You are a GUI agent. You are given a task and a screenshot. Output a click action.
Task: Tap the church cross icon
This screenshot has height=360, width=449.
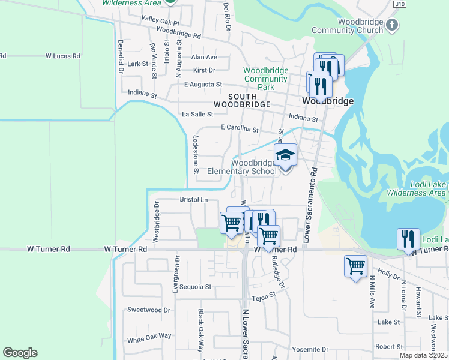(x=392, y=25)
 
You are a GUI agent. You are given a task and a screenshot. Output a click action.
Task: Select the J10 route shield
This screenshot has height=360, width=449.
(x=399, y=4)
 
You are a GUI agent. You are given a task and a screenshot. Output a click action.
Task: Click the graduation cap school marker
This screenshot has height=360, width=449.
(x=285, y=155)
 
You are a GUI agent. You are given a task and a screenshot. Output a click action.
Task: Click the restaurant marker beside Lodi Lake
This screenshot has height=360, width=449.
(x=408, y=239)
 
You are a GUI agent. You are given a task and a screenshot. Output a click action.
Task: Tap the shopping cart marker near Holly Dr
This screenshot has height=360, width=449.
(x=355, y=265)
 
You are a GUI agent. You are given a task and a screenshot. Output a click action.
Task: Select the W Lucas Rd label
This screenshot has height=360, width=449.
(x=63, y=56)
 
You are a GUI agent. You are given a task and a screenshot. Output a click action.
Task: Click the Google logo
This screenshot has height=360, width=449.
(x=20, y=353)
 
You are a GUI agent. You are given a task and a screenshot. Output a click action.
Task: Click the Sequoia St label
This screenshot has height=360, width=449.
(x=191, y=287)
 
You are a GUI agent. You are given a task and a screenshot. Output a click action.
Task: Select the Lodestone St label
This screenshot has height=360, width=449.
(x=196, y=154)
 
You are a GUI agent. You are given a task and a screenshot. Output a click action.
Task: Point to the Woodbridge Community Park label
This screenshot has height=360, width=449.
(x=265, y=79)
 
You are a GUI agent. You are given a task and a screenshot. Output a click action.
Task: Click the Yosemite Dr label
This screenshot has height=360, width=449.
(x=310, y=349)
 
